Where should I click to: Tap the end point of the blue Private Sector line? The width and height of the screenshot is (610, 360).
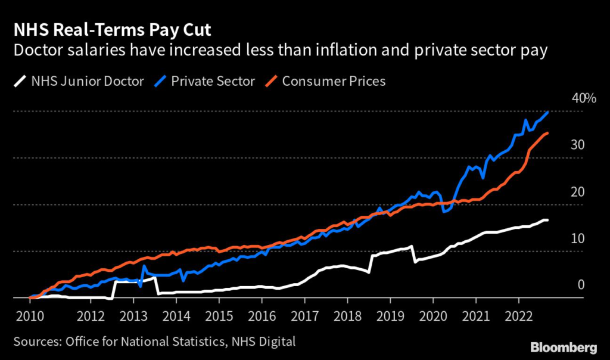pyautogui.click(x=548, y=111)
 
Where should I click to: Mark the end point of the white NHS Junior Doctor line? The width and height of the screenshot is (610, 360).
pyautogui.click(x=547, y=221)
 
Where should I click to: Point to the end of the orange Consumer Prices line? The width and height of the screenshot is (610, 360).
pyautogui.click(x=547, y=134)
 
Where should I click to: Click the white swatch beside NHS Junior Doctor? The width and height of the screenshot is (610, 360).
pyautogui.click(x=21, y=80)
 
